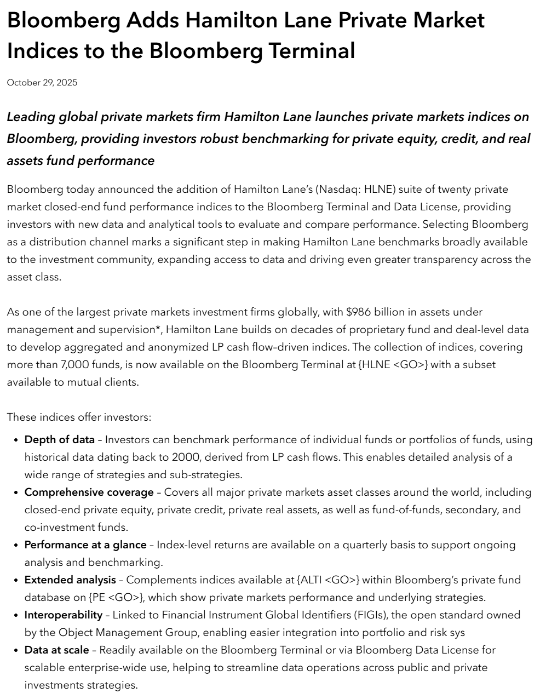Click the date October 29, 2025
(x=42, y=83)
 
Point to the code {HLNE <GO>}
(x=393, y=365)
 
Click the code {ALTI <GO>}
(x=328, y=580)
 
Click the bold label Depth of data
(x=59, y=440)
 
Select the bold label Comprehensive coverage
(x=89, y=492)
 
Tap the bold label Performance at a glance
(x=85, y=545)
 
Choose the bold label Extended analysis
(x=70, y=580)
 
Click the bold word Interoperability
(x=64, y=615)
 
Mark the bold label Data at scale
(x=56, y=650)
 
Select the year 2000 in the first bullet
(x=185, y=457)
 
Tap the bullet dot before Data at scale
(x=15, y=651)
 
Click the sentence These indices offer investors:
(x=79, y=417)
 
